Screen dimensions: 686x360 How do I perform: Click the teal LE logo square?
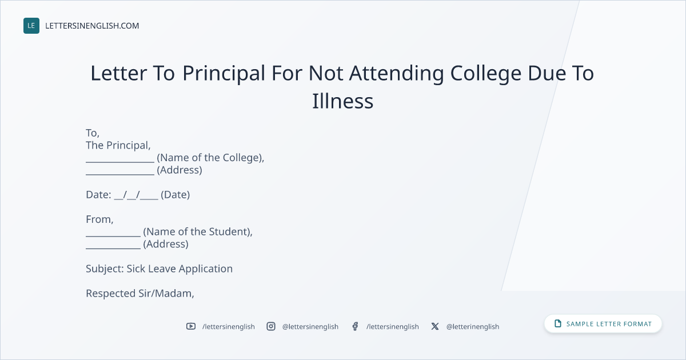point(31,26)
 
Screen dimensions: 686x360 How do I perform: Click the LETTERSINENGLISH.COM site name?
point(92,26)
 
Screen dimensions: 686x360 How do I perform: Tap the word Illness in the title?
point(342,101)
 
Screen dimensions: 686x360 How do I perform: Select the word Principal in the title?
point(224,74)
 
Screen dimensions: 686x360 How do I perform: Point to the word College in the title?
point(486,74)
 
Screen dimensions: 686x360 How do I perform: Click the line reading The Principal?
point(118,145)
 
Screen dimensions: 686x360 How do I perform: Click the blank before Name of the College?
point(120,162)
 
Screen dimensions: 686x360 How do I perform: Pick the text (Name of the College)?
point(210,158)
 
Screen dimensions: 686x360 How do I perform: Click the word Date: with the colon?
point(98,195)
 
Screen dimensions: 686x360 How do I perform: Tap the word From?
point(99,219)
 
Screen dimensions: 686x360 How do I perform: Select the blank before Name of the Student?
point(113,236)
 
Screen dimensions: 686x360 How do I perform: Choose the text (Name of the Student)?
point(197,232)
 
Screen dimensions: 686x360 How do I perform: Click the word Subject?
point(105,269)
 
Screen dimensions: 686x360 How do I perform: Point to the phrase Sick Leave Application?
point(180,269)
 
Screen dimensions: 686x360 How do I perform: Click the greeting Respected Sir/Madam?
point(140,293)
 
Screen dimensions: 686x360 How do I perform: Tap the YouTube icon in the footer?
point(191,326)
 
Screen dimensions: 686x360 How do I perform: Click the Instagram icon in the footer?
point(271,326)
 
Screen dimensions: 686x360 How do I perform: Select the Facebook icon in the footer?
point(355,326)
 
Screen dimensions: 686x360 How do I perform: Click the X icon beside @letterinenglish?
point(435,326)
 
